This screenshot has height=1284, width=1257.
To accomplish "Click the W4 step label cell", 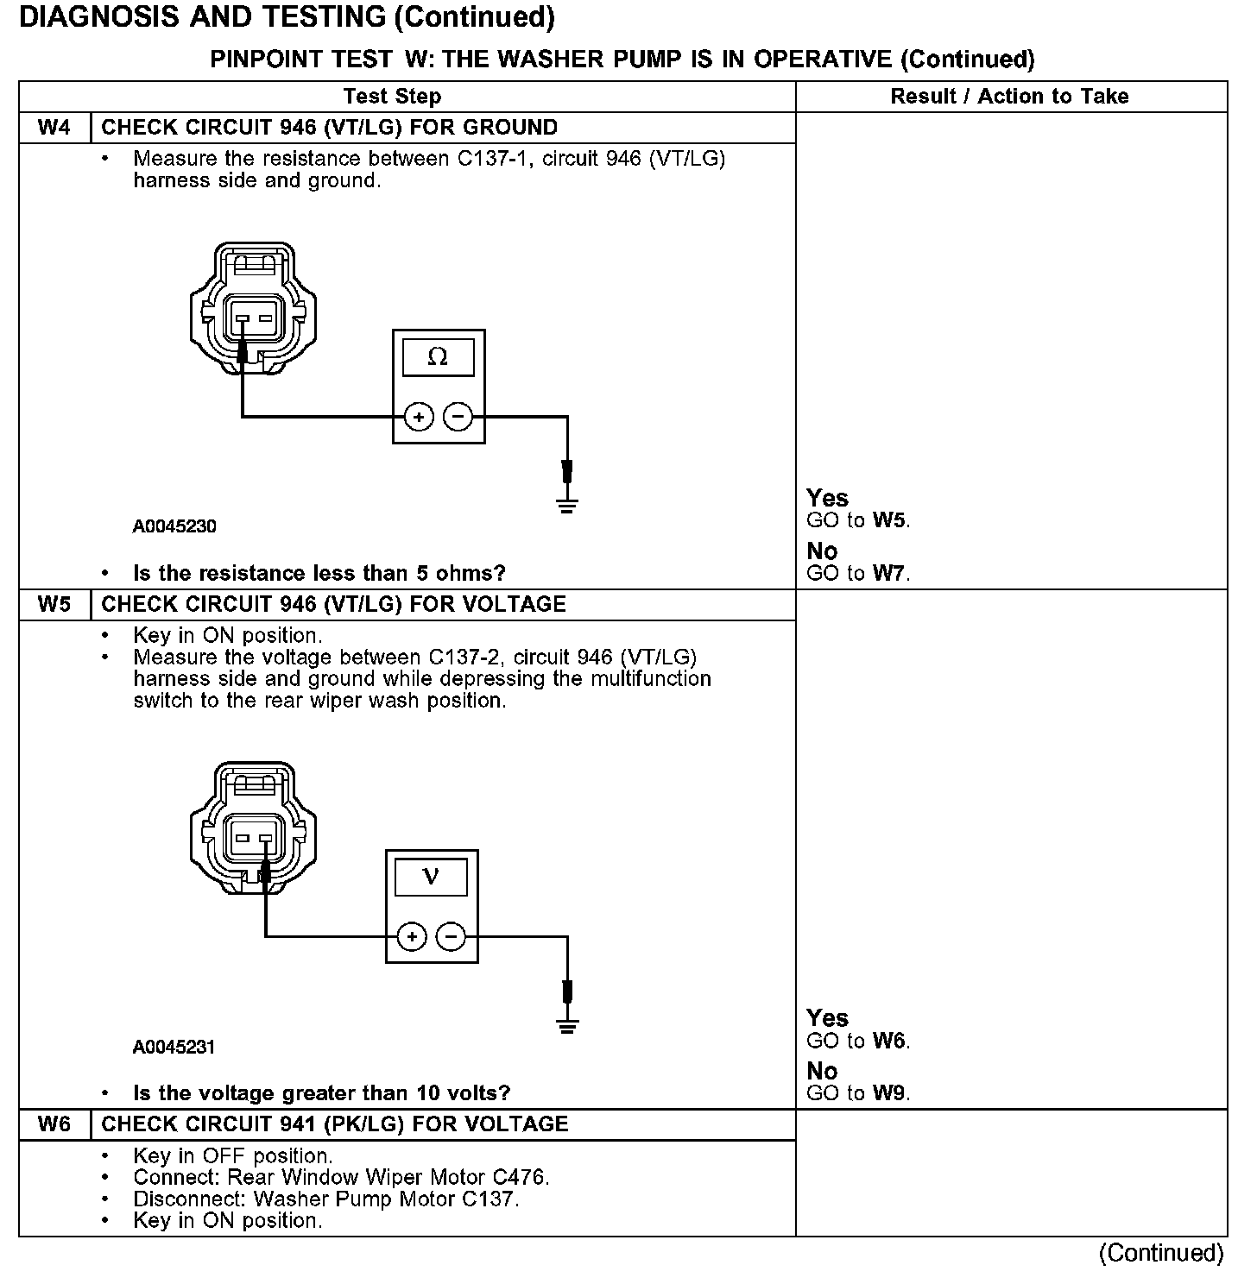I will click(54, 128).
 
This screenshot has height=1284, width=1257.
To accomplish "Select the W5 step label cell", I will click(54, 604).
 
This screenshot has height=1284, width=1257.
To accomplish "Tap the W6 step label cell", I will click(54, 1124).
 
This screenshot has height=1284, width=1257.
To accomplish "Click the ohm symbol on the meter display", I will click(438, 357).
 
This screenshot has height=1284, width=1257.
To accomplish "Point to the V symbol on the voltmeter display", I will click(431, 878).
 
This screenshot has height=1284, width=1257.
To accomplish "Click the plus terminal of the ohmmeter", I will click(419, 418).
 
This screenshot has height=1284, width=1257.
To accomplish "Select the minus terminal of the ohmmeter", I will click(458, 418).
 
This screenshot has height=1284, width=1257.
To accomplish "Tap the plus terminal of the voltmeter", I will click(412, 937).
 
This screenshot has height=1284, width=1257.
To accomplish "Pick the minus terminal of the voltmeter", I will click(451, 937).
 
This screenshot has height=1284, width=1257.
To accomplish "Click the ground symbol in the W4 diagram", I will click(566, 505).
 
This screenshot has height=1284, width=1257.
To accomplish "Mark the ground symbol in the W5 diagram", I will click(566, 1025).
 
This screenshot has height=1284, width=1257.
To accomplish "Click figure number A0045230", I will click(174, 526).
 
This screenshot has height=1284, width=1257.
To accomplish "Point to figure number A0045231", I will click(174, 1047).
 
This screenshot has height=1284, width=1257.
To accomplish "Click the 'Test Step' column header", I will click(392, 97).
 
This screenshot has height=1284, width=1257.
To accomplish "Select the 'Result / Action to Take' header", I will click(1009, 97).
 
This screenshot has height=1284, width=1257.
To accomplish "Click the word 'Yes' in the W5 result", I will click(827, 1018).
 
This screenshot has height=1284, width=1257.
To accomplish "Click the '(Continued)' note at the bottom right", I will click(1160, 1253).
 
